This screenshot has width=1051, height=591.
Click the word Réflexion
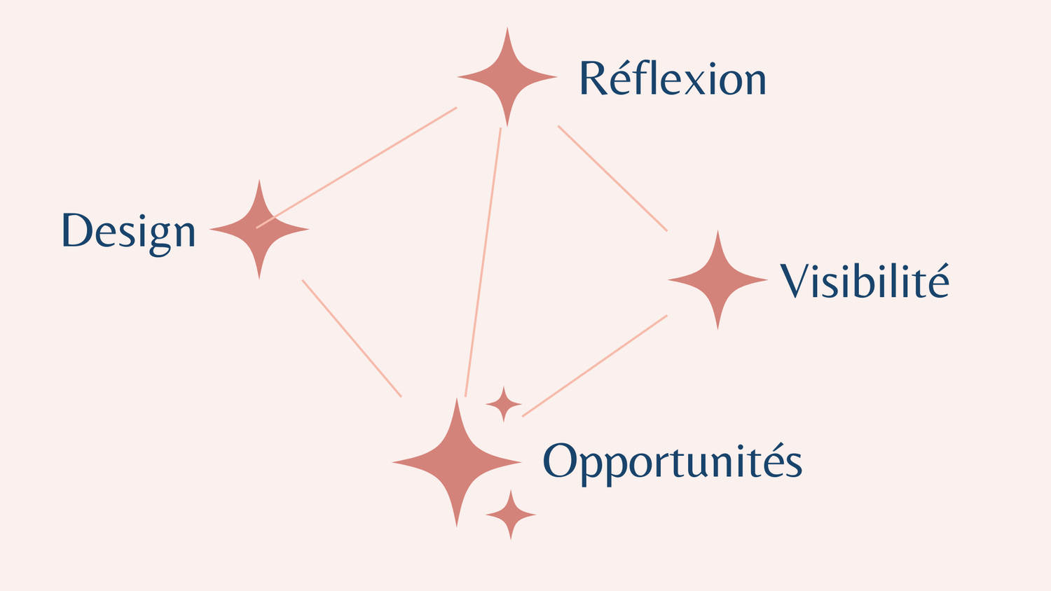click(673, 78)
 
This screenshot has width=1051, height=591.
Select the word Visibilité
click(865, 281)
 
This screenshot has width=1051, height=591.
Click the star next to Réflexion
click(507, 77)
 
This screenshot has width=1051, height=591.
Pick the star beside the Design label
click(259, 230)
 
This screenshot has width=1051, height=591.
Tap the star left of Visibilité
click(717, 280)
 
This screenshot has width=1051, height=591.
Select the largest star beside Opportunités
click(457, 462)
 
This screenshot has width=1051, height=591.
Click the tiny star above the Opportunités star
click(504, 404)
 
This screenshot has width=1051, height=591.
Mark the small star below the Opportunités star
click(511, 515)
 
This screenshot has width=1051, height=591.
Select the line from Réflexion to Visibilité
click(612, 178)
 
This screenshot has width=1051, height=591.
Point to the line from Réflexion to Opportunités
click(483, 262)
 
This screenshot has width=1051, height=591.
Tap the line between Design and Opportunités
click(352, 338)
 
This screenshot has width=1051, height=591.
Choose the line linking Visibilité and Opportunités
click(595, 366)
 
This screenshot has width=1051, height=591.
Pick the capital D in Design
click(77, 230)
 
